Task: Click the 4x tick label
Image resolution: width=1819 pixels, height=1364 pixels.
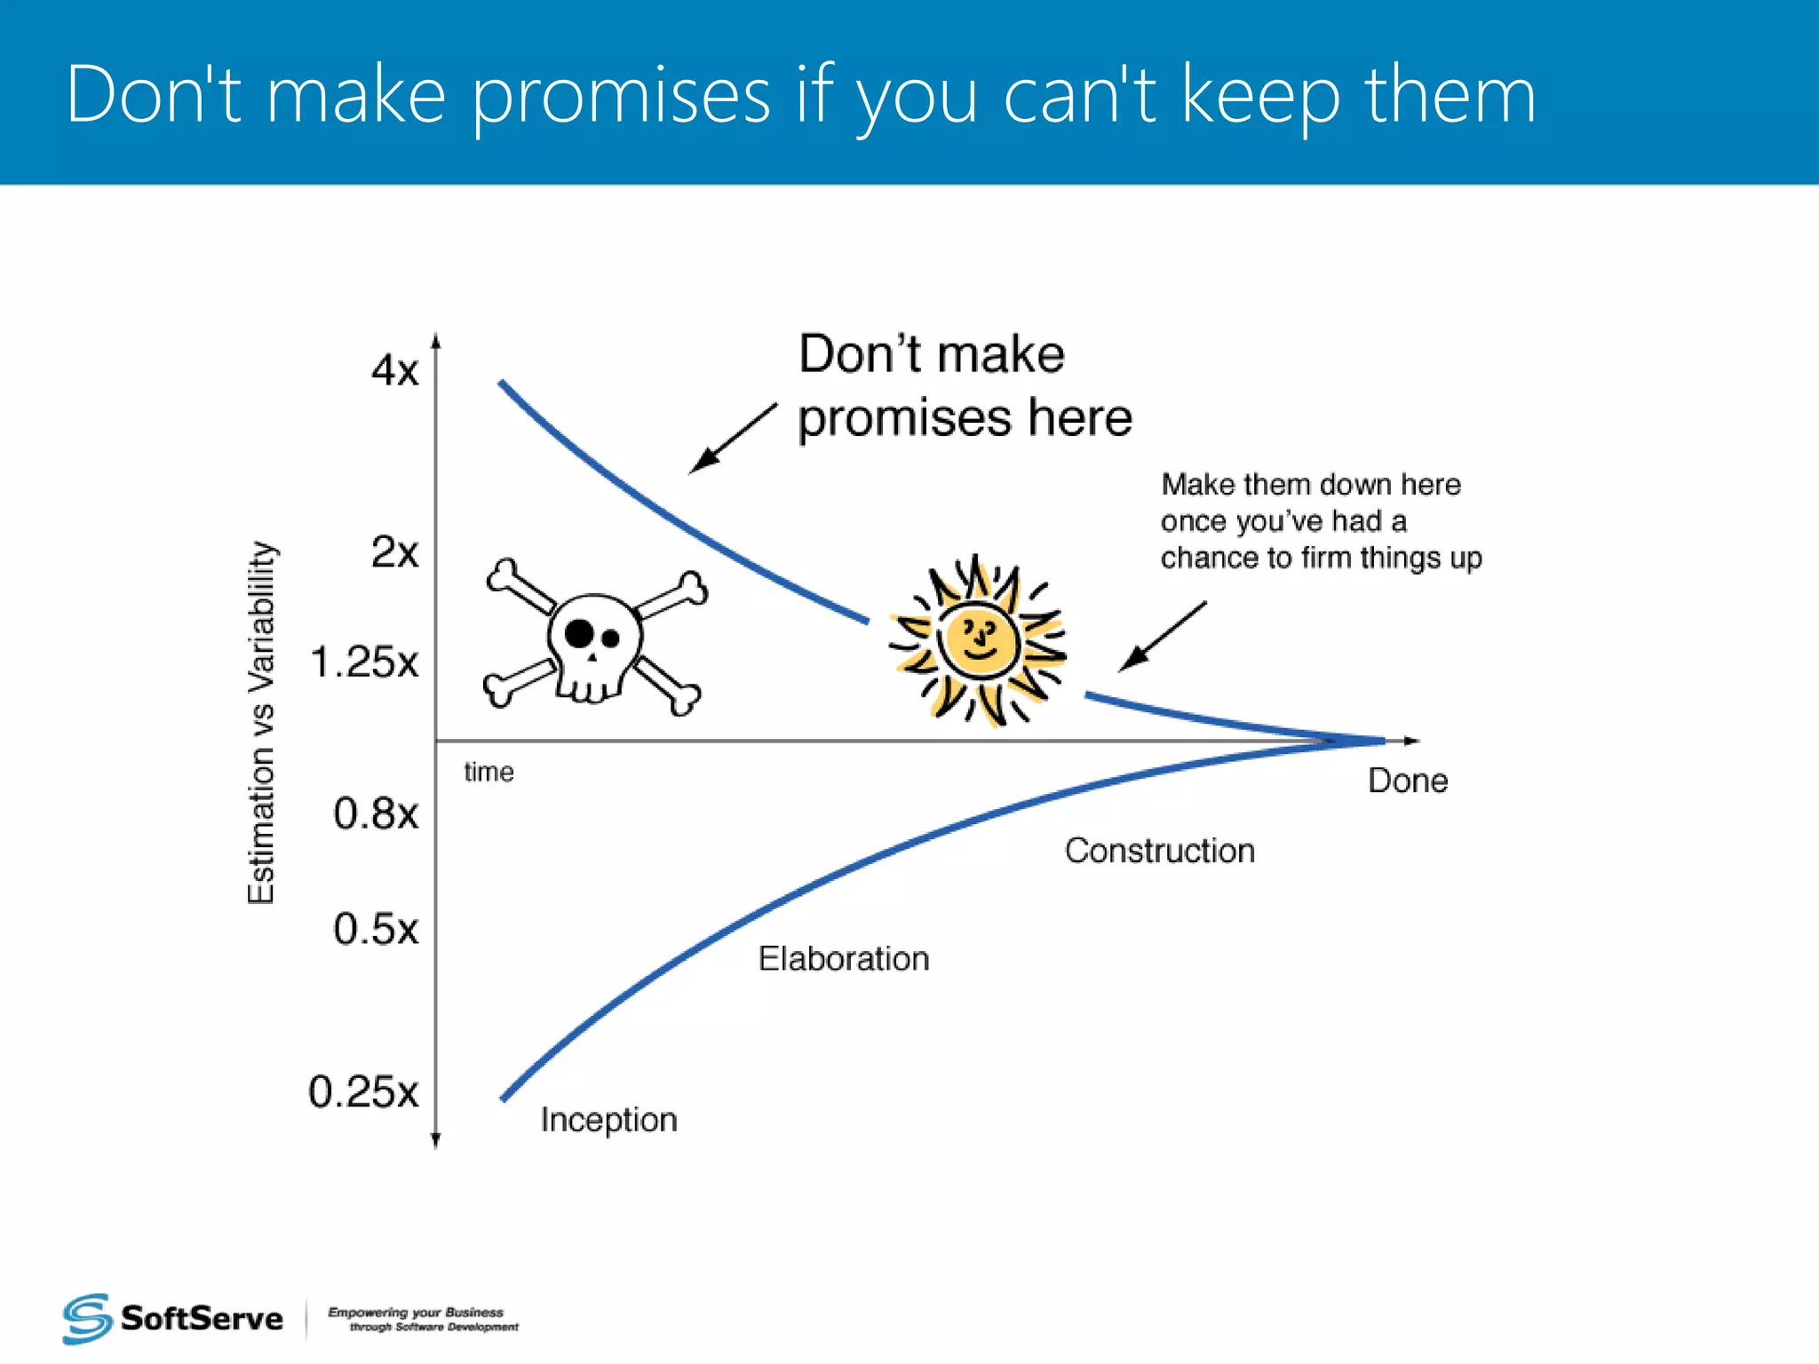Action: [x=394, y=370]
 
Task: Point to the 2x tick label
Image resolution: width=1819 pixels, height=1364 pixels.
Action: [x=394, y=552]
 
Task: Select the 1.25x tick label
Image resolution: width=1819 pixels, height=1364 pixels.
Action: [x=364, y=662]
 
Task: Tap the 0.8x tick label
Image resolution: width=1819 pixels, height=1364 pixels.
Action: [x=376, y=813]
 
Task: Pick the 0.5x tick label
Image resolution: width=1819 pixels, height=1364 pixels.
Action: [x=376, y=930]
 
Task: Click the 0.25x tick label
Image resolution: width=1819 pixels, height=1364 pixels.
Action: [x=363, y=1092]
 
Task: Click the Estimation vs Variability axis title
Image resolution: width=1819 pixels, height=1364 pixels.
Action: [x=261, y=723]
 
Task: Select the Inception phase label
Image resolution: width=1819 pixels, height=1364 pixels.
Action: [x=609, y=1121]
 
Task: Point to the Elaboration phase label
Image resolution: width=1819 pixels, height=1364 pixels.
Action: [x=844, y=959]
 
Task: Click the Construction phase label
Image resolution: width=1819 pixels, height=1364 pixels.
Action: [x=1160, y=851]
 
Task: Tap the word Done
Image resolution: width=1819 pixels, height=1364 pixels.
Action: [x=1408, y=781]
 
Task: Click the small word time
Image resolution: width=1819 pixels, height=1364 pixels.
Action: [x=489, y=772]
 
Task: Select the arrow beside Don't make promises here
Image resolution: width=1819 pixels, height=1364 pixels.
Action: [x=732, y=439]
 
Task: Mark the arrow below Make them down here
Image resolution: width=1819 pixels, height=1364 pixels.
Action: [x=1162, y=636]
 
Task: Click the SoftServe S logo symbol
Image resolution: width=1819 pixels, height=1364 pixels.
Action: [x=86, y=1319]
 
